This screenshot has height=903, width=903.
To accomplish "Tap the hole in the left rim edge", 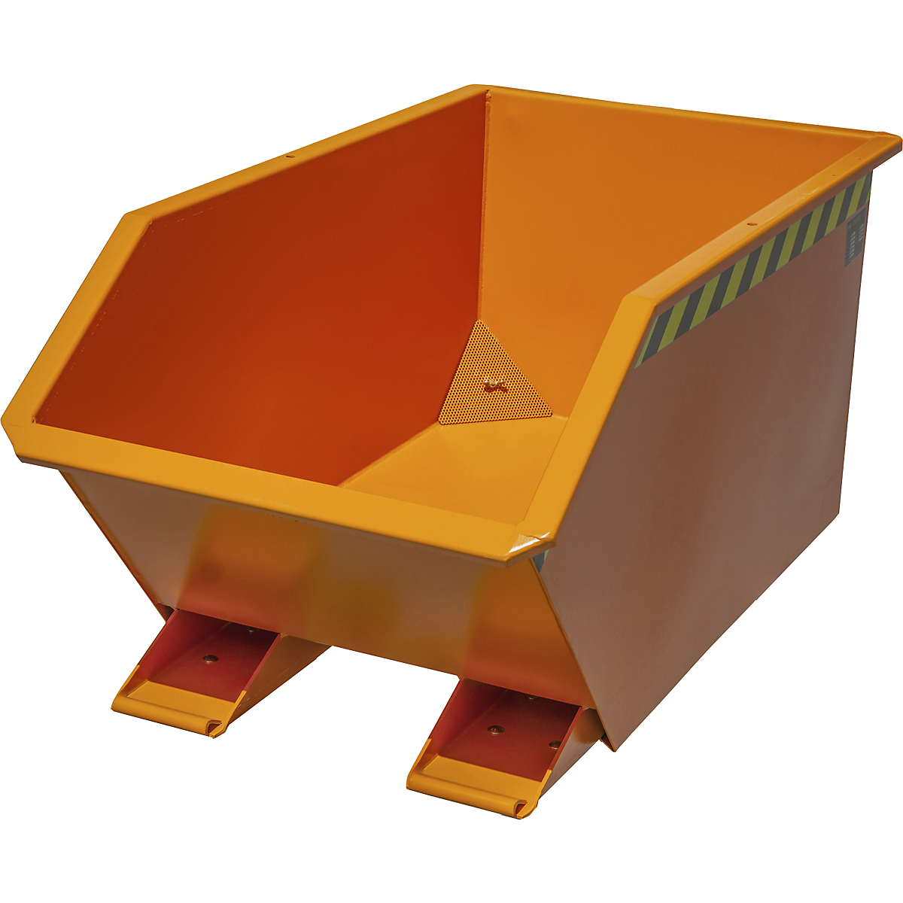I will pyautogui.click(x=288, y=157).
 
